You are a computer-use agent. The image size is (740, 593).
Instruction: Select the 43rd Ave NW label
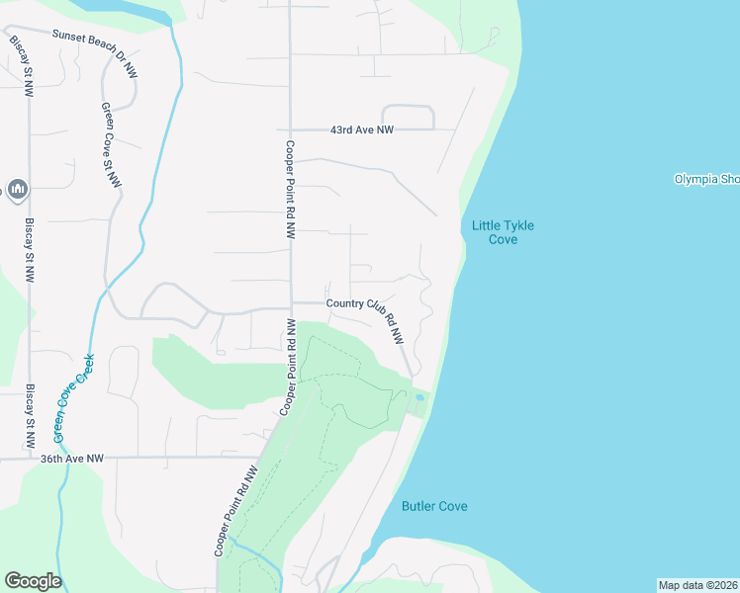pos(362,129)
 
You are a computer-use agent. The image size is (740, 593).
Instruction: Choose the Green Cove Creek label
pos(74,397)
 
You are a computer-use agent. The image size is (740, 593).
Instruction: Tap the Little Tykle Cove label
pos(503,232)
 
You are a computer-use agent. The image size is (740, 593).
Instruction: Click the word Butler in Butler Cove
pos(420,506)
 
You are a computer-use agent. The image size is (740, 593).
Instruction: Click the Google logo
pos(33,581)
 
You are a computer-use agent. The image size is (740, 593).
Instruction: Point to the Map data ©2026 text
pos(697,585)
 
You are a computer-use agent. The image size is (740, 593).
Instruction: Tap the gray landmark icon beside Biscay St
pos(17,188)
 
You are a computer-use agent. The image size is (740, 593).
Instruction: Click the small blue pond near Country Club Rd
pos(419,398)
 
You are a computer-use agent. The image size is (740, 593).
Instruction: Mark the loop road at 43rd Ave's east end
pos(408,116)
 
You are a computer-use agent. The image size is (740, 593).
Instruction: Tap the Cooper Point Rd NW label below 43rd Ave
pos(291,190)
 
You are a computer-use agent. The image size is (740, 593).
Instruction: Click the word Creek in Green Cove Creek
pos(86,367)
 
